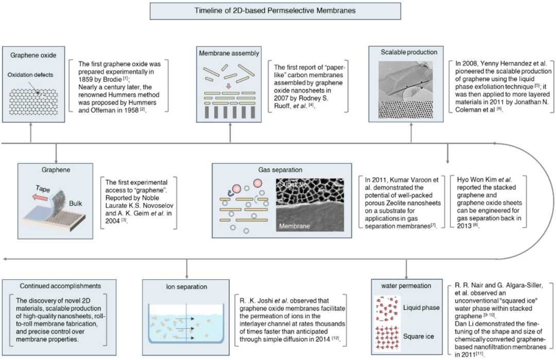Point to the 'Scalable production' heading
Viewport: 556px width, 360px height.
(x=410, y=52)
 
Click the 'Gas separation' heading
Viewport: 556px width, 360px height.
(x=280, y=170)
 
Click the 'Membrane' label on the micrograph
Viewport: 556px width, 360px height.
(x=295, y=226)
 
